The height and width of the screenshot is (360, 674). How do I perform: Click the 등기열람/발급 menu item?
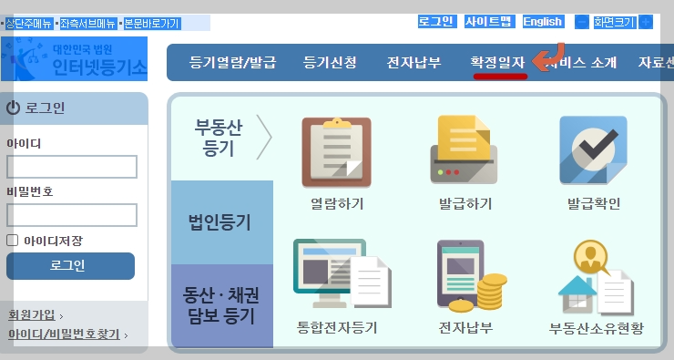(x=232, y=63)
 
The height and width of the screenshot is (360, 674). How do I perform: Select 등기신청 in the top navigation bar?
(x=330, y=63)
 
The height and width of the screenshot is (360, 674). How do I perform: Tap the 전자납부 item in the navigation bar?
(x=414, y=63)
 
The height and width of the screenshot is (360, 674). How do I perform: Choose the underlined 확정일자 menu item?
(x=497, y=63)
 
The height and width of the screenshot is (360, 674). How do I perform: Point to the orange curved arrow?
(x=548, y=57)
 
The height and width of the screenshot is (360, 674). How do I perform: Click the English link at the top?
(x=543, y=21)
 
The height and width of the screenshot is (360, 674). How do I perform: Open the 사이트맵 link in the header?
(x=488, y=21)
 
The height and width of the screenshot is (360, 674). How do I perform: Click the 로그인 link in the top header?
(x=436, y=21)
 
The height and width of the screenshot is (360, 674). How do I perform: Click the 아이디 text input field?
(x=72, y=167)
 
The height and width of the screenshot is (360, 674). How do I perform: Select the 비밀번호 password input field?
(x=72, y=215)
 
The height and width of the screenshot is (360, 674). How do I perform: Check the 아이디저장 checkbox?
(x=13, y=241)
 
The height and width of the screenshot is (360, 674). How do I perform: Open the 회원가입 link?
(x=33, y=315)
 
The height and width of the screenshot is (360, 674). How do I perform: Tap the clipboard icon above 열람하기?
(x=336, y=149)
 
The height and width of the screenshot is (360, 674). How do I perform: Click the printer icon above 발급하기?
(x=465, y=149)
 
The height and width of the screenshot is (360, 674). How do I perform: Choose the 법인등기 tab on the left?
(x=220, y=221)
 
